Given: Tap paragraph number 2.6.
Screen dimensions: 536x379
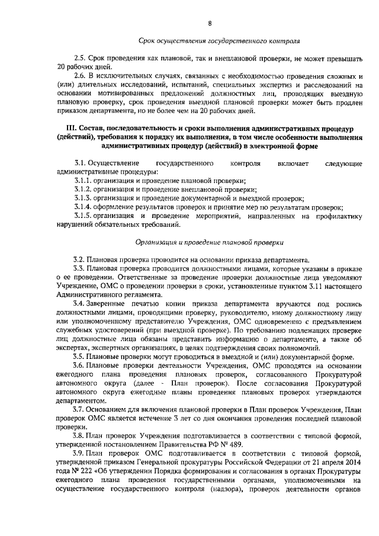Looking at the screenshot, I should point(79,77).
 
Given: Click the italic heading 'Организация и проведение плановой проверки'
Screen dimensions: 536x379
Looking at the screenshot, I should point(210,242).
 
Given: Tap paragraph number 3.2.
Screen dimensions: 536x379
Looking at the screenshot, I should point(79,260).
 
